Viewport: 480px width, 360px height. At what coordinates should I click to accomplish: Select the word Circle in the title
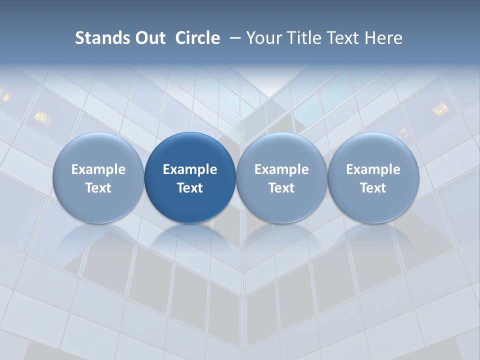(197, 38)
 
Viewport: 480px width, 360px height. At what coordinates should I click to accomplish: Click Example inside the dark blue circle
(190, 169)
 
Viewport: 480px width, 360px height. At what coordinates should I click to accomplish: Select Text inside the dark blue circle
(190, 188)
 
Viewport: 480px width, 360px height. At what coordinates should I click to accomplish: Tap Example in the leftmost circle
(98, 169)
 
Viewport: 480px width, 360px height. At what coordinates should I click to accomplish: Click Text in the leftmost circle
(98, 188)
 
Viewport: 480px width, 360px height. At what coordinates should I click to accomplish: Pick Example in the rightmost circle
(373, 169)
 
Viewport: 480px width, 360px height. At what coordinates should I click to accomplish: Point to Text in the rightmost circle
(373, 188)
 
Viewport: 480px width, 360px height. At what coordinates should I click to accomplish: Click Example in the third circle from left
(281, 169)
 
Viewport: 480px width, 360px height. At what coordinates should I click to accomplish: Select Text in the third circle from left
(281, 188)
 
